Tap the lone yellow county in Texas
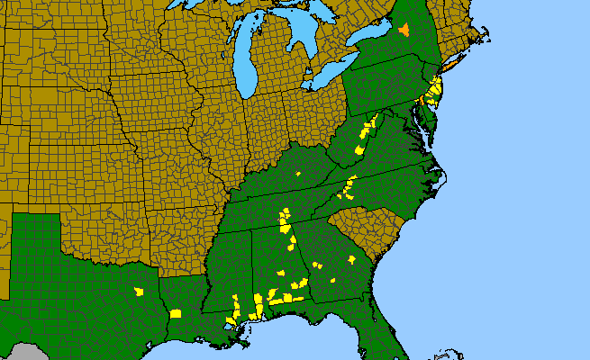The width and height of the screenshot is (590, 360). click(139, 292)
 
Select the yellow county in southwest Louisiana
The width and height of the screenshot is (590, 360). click(176, 313)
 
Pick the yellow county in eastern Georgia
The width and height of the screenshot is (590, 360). click(350, 259)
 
